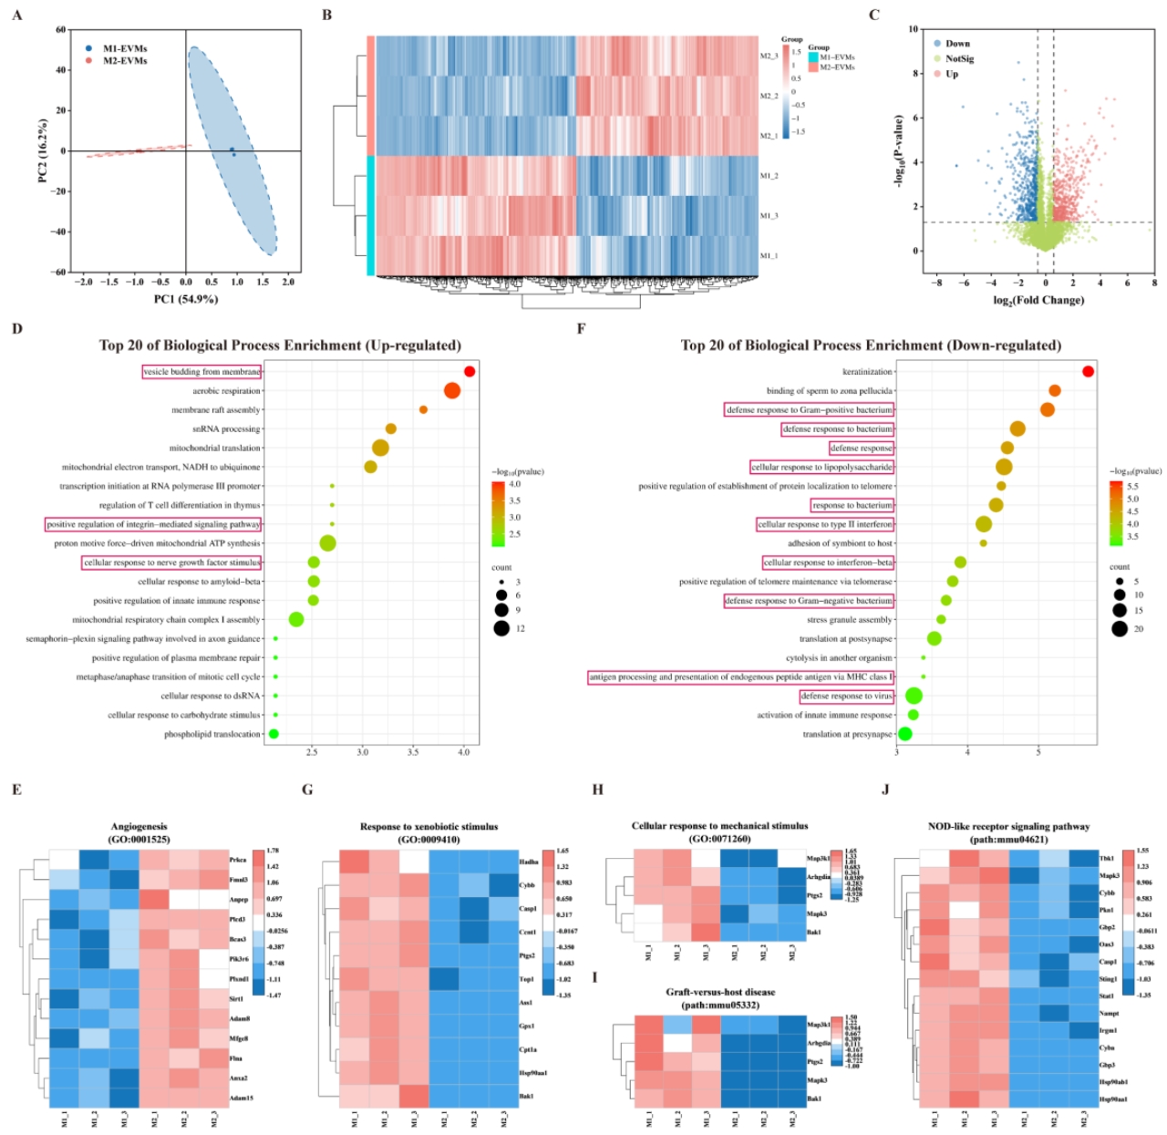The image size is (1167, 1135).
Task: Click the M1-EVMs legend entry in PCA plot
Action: point(124,48)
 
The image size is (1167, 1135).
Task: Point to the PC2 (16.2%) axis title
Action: point(43,150)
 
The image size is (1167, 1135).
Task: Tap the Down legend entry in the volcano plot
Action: point(957,43)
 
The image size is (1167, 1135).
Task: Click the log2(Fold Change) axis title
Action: point(1038,300)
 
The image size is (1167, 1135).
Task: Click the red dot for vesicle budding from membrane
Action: point(470,371)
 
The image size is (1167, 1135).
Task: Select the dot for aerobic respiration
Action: point(451,391)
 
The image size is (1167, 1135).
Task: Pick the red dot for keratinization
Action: point(1088,371)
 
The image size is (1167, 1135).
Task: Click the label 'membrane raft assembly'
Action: point(216,410)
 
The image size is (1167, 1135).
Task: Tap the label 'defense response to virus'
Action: point(847,696)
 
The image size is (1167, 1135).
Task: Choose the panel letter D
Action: point(17,328)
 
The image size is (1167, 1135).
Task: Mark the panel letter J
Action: point(885,789)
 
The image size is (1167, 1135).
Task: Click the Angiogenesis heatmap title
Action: point(139,827)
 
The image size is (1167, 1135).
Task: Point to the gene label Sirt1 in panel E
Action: point(236,999)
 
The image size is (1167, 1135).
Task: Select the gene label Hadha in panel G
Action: point(528,862)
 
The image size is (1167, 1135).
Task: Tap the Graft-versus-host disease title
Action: point(720,992)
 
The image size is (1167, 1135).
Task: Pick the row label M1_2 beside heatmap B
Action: point(769,176)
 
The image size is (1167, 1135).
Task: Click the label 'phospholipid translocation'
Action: point(212,735)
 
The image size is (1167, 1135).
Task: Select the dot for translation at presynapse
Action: point(904,734)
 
